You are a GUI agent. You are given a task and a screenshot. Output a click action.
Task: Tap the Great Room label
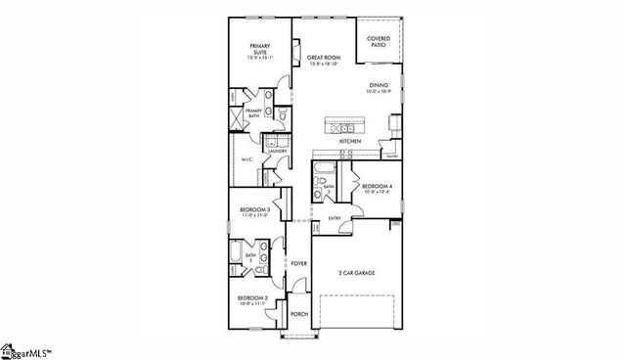click(323, 60)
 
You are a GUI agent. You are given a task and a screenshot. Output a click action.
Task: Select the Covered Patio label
click(379, 41)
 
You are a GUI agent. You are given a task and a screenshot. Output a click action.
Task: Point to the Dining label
click(379, 89)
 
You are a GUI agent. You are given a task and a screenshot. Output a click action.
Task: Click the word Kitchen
click(350, 142)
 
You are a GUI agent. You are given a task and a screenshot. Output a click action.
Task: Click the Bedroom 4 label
click(377, 187)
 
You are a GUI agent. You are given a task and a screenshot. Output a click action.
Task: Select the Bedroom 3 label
click(254, 211)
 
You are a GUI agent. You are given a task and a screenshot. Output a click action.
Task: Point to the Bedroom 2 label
click(252, 300)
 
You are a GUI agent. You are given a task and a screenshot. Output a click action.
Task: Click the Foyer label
click(298, 264)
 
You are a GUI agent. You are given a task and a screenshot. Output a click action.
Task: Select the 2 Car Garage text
click(357, 273)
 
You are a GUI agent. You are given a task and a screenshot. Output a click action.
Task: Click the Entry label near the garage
click(335, 218)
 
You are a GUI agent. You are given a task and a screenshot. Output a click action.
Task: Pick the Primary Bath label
click(253, 113)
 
